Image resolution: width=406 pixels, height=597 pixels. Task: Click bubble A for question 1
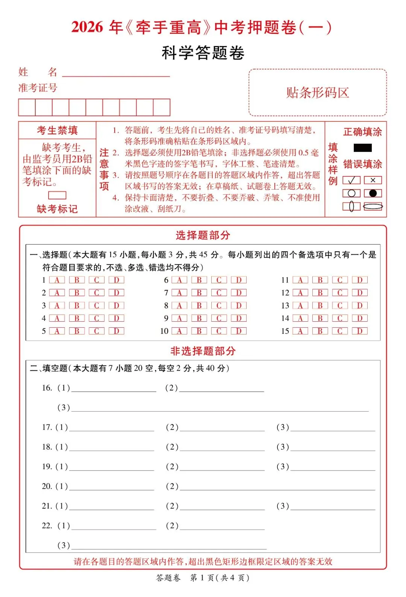tap(57, 280)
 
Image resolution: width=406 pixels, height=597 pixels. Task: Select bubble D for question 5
tap(116, 331)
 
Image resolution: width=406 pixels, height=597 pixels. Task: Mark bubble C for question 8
tap(219, 305)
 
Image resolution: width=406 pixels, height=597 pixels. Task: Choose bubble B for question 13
tap(320, 305)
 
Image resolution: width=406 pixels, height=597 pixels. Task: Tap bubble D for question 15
tap(360, 331)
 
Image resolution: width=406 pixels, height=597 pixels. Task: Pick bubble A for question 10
tap(179, 331)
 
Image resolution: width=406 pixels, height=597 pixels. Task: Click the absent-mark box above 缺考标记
tap(57, 195)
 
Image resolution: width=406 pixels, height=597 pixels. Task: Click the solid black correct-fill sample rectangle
tap(362, 147)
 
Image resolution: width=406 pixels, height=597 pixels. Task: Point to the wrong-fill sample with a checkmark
tap(351, 180)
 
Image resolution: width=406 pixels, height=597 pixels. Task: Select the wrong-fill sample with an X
tap(373, 180)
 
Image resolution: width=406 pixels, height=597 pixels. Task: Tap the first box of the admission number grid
tap(27, 107)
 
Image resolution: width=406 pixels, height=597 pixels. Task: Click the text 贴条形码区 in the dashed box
tap(318, 93)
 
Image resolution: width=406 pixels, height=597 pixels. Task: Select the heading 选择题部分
tap(203, 235)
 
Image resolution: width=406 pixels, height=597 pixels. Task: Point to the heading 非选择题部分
tap(203, 351)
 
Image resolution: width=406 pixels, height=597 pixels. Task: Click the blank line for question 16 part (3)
tap(220, 408)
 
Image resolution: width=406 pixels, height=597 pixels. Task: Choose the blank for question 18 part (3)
tap(333, 447)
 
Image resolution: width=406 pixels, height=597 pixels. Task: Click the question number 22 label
tap(47, 526)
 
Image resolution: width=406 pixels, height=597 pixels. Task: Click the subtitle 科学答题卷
tap(203, 53)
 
